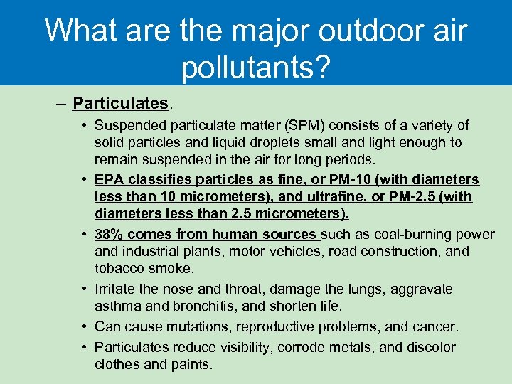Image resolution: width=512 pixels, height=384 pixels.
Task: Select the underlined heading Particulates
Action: point(121,104)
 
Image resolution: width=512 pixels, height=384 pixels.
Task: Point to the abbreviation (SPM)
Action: point(301,126)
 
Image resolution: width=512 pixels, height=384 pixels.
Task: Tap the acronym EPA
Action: point(109,180)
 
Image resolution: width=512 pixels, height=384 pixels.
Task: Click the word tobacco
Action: point(120,268)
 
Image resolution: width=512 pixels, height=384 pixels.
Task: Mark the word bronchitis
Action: point(203,306)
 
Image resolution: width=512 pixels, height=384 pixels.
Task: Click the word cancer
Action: point(434,327)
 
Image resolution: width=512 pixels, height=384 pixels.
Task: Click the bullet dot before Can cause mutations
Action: point(85,327)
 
